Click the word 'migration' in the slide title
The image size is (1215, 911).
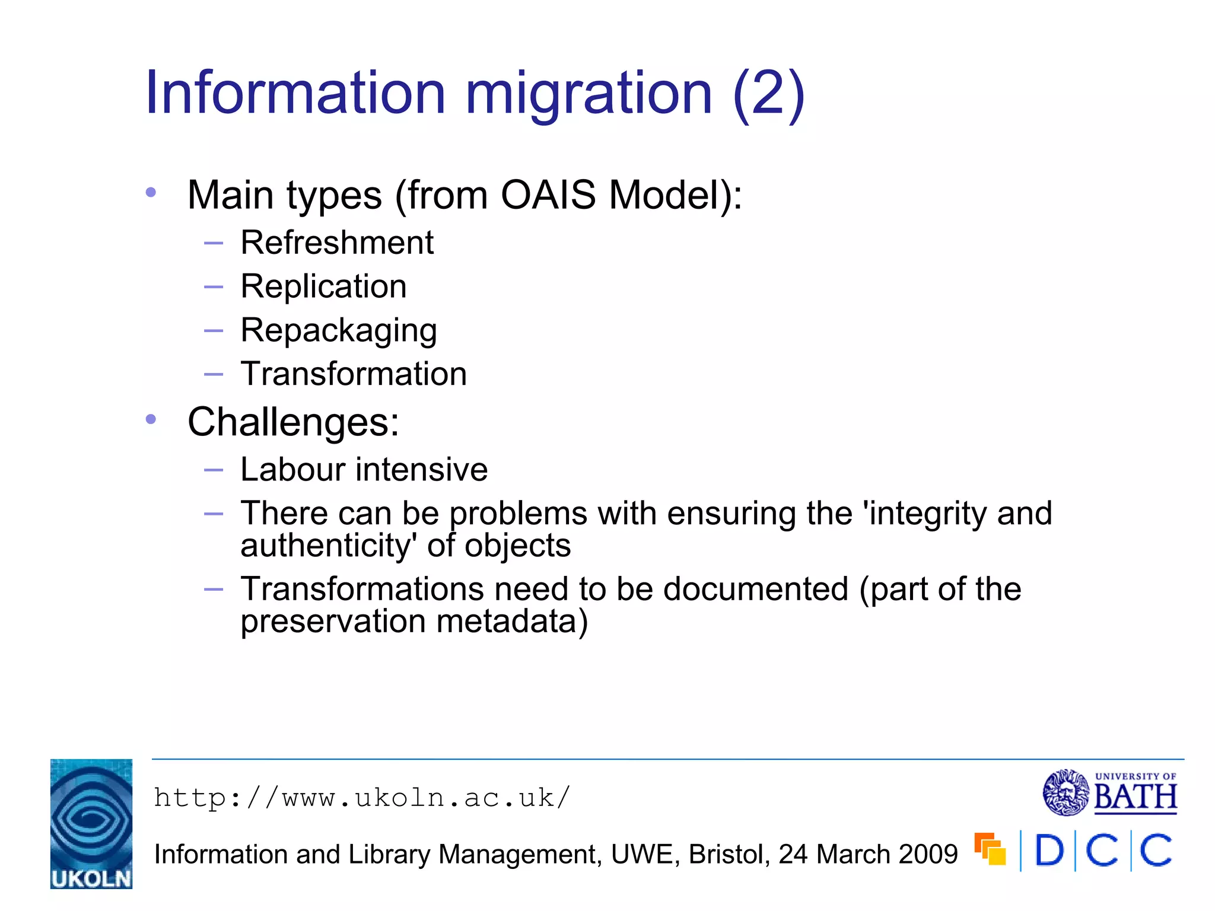coord(588,94)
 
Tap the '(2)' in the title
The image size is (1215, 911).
coord(768,94)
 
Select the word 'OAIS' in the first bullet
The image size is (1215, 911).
coord(548,195)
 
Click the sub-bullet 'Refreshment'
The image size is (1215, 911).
coord(337,243)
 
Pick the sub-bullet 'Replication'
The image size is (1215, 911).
coord(323,286)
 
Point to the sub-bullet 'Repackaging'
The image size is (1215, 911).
coord(339,331)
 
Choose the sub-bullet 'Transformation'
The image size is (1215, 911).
coord(354,374)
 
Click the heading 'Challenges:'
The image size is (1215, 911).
coord(293,422)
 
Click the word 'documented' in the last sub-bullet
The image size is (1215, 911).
coord(755,590)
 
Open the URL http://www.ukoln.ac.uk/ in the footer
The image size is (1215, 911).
coord(362,798)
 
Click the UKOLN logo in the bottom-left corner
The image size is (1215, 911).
coord(91,824)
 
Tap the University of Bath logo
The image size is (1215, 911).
coord(1109,792)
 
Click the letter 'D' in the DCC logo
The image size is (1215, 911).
coord(1049,851)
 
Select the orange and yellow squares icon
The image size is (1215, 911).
coord(990,849)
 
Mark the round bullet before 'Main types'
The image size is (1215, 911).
coord(151,192)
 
